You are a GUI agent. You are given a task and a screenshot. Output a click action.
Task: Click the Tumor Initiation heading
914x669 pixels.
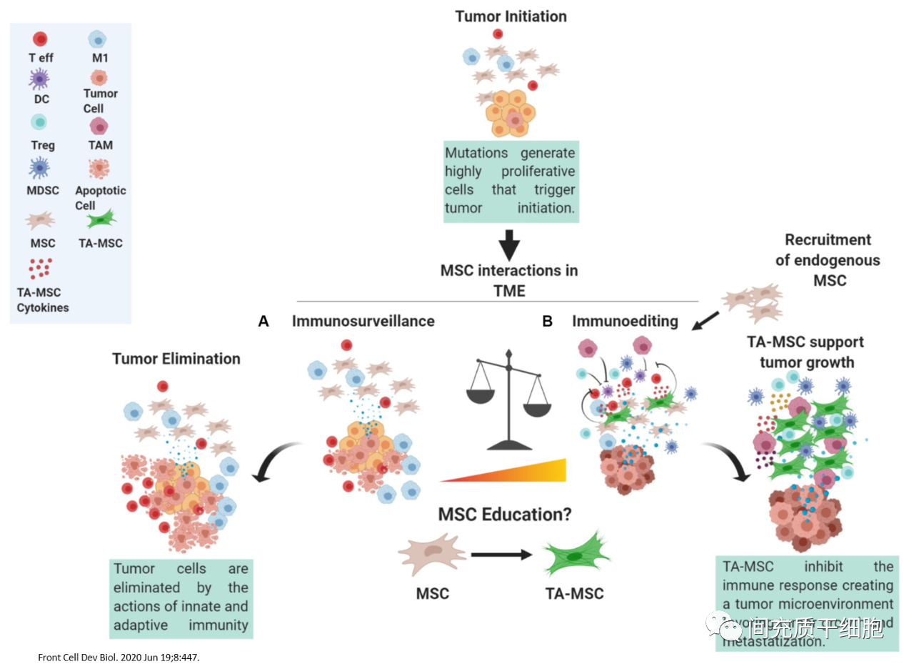point(511,16)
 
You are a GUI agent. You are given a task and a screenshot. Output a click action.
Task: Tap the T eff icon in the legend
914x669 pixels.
point(41,39)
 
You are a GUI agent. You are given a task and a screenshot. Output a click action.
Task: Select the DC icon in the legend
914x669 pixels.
point(40,79)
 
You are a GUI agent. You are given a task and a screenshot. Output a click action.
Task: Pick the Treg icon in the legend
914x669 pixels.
point(41,124)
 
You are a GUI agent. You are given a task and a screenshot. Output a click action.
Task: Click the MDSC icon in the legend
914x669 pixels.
point(40,169)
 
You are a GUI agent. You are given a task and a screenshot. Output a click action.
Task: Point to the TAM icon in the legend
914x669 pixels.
point(100,127)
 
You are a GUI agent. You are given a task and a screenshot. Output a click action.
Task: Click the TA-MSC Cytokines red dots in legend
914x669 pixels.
point(40,268)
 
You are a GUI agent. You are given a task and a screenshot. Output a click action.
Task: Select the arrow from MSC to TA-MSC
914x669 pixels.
point(503,554)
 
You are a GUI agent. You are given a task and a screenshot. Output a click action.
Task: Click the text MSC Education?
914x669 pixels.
point(504,515)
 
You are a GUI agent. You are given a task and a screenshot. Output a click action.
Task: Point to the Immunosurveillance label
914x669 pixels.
point(363,322)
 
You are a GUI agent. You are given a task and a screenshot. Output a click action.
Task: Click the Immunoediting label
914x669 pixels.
point(625,322)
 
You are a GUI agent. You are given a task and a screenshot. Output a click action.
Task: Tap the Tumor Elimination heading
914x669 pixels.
point(176,359)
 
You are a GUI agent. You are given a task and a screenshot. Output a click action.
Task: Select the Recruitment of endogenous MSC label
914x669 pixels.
point(828,260)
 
